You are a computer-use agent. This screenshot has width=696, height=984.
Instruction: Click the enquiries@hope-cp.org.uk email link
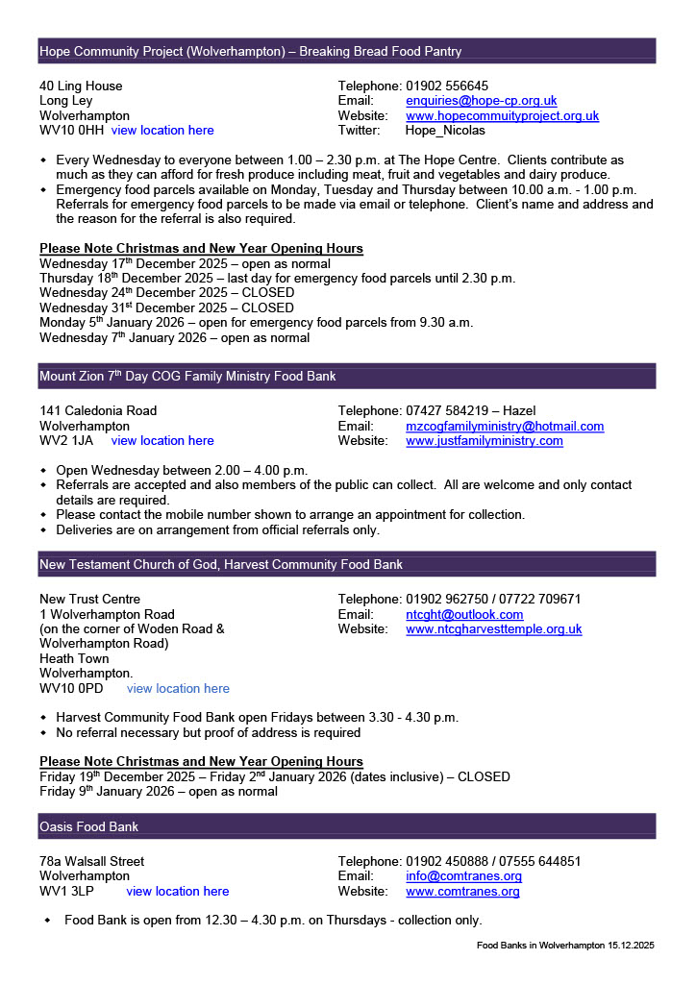(x=481, y=101)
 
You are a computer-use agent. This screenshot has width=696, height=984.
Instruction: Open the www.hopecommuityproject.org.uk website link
(x=502, y=116)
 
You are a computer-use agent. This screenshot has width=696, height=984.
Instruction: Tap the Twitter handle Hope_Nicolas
(x=445, y=131)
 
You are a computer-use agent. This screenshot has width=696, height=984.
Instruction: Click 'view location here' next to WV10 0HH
(x=162, y=131)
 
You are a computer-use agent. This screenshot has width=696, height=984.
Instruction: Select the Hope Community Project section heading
(x=250, y=52)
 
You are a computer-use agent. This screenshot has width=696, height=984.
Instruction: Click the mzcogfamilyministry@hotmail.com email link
(x=505, y=427)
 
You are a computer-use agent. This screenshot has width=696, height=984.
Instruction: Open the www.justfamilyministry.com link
(x=485, y=441)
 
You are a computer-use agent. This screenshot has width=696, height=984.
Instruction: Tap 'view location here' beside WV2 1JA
(x=162, y=441)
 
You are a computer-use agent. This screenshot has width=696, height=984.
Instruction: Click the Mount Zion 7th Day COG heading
(x=187, y=377)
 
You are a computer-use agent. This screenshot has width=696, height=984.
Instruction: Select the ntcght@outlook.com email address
(x=464, y=615)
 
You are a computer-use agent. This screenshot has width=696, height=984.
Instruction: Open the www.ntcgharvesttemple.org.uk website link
(x=493, y=629)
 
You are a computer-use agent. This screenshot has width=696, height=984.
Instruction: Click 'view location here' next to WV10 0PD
(x=178, y=689)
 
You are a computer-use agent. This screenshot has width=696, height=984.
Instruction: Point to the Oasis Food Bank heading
(x=88, y=826)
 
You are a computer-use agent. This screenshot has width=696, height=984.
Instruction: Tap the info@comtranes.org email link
(x=463, y=876)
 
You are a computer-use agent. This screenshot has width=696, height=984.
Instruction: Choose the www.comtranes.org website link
(x=462, y=892)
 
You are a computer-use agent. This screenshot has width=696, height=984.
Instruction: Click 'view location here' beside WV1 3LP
(x=178, y=892)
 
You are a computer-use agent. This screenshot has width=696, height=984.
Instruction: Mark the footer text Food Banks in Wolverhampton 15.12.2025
(x=565, y=947)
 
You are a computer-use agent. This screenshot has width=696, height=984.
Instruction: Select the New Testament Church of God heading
(x=221, y=565)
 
